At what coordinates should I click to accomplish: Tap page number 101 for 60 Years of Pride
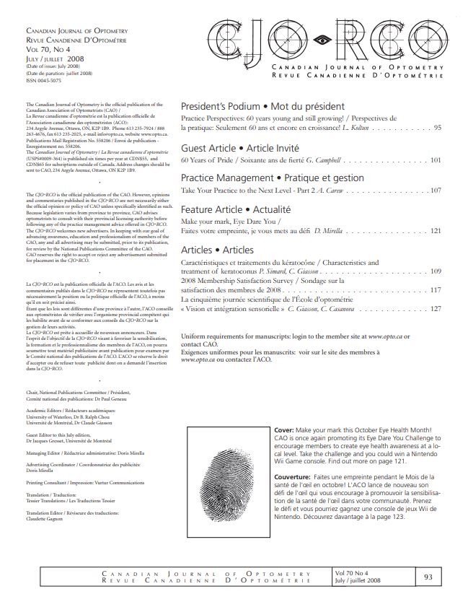click(435, 159)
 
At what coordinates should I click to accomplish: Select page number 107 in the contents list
click(435, 191)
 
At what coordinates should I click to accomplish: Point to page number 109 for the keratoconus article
click(435, 271)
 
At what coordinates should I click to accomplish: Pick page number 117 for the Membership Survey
click(435, 289)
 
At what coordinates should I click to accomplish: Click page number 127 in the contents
click(435, 308)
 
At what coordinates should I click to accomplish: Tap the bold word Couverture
click(296, 477)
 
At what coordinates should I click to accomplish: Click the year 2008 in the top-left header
click(76, 59)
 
